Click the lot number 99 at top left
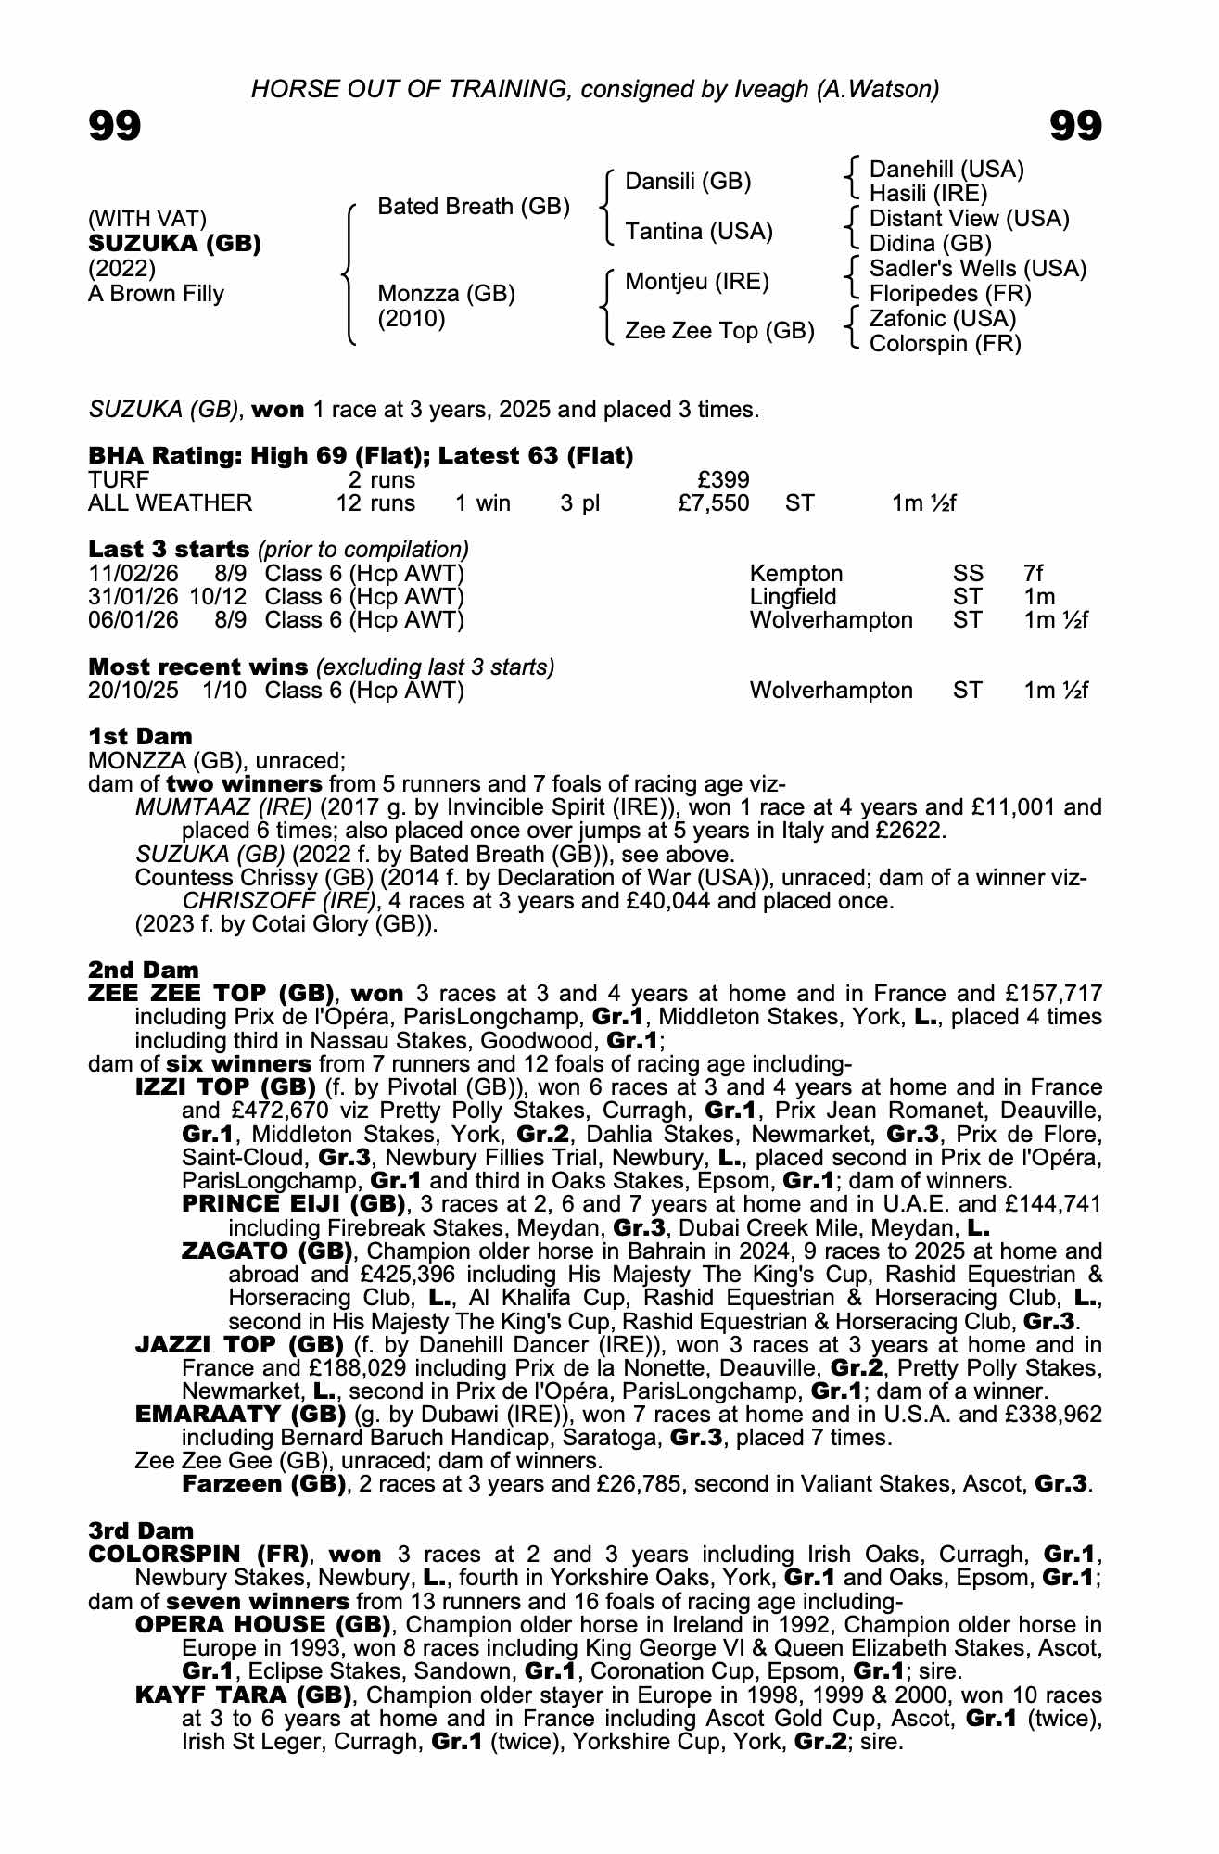pos(115,126)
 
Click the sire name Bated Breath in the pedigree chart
pos(473,207)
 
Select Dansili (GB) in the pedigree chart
pos(688,182)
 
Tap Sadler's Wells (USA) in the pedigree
pos(977,269)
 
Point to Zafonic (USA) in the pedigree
pos(942,319)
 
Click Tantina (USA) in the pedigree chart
pos(698,232)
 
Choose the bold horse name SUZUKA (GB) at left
pos(174,244)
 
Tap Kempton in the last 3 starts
pos(795,574)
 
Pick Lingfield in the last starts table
pos(793,597)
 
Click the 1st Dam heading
pos(140,737)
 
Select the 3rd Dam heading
pos(141,1530)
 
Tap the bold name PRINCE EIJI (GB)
pos(294,1204)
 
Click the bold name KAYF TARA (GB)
pos(243,1695)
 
